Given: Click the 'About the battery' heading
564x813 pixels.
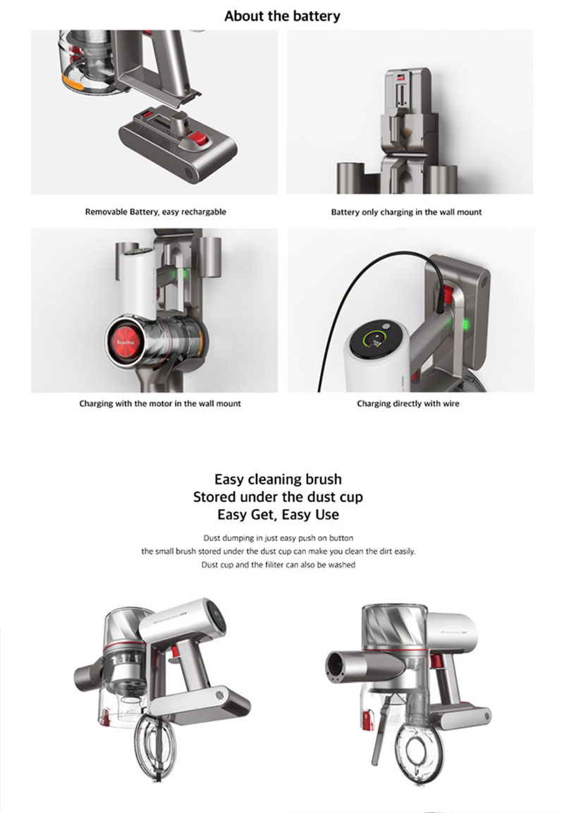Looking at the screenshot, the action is (x=282, y=16).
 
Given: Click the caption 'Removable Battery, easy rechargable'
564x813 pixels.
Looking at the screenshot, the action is (x=156, y=212).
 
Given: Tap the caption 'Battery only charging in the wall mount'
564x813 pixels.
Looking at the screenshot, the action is (x=406, y=212).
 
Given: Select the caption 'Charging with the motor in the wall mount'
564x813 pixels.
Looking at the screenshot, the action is (x=160, y=403).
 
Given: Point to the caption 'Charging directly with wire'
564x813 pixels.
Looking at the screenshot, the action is (x=408, y=403).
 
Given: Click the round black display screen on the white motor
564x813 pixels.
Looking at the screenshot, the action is (x=377, y=341).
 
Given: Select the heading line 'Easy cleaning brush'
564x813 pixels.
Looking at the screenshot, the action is (x=278, y=479).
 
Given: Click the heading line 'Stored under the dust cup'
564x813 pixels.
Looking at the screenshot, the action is (x=278, y=496).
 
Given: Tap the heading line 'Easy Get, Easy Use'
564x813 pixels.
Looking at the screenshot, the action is (x=278, y=515).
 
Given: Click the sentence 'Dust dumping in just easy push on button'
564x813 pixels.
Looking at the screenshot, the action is (x=278, y=538).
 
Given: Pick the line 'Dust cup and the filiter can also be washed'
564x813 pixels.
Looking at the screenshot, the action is (x=278, y=565).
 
